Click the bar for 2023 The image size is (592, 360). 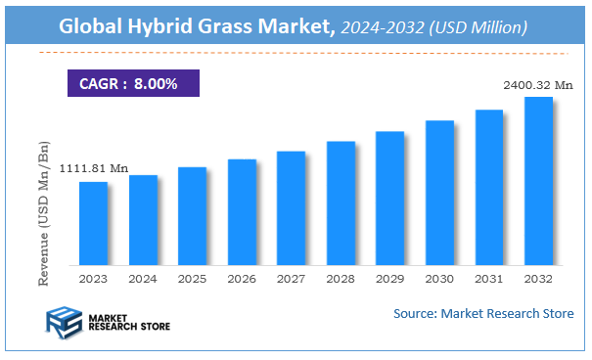click(93, 223)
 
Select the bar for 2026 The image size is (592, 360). click(242, 211)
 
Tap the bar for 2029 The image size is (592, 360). click(389, 198)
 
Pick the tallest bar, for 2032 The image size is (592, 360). click(538, 181)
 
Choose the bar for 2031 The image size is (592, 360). click(488, 187)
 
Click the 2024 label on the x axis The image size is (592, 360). click(143, 280)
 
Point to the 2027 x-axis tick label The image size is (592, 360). click(291, 280)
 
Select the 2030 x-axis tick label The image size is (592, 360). click(439, 280)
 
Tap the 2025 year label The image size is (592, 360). click(192, 280)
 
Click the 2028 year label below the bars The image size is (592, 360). click(341, 280)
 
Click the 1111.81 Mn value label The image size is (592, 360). click(93, 168)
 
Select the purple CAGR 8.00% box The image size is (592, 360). click(133, 83)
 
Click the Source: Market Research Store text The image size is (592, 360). click(483, 313)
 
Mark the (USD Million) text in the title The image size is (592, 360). click(478, 28)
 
